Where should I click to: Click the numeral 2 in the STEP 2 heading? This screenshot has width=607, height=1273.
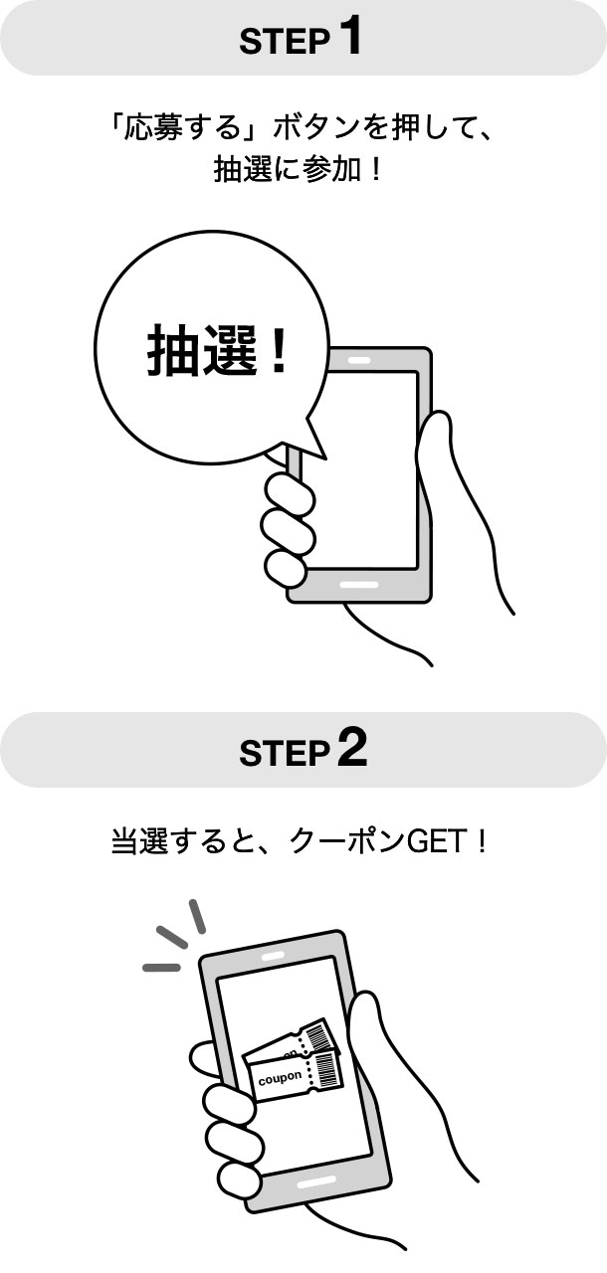pos(352,748)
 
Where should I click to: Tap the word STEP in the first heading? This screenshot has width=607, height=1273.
pos(285,42)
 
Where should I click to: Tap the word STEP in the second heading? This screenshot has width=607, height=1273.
pos(285,754)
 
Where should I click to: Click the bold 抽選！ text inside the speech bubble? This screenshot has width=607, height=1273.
pos(217,349)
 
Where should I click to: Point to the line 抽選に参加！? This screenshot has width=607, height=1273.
pos(298,169)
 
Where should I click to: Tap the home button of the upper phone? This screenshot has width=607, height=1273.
pos(358,585)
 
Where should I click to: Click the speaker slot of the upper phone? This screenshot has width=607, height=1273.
pos(359,360)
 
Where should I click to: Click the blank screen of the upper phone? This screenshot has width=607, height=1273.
pos(364,470)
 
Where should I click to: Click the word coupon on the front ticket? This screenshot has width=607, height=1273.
pos(280,1077)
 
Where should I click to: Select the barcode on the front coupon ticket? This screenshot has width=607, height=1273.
pos(326,1069)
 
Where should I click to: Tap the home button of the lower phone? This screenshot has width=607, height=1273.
pos(316,1181)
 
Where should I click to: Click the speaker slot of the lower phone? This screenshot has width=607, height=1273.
pos(273,957)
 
